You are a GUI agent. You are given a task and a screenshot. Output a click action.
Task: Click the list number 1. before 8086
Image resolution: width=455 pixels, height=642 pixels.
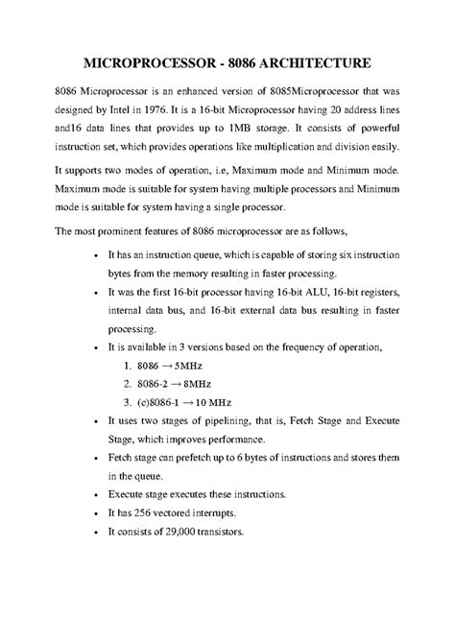click(x=128, y=366)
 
